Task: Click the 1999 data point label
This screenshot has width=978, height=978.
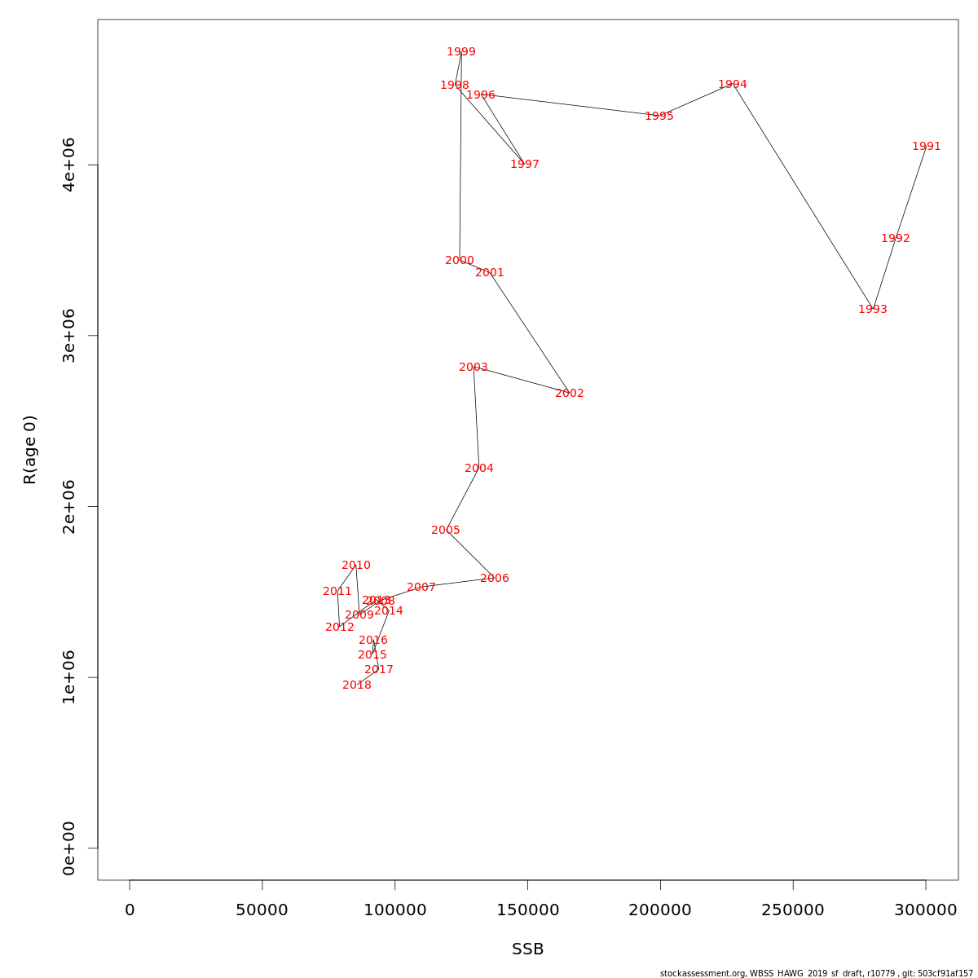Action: click(x=461, y=52)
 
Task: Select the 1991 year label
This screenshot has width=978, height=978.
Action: click(x=927, y=147)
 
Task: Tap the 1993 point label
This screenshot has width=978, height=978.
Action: click(x=873, y=310)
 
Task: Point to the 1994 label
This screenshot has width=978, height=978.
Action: click(x=733, y=85)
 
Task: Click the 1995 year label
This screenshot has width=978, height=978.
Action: click(x=659, y=117)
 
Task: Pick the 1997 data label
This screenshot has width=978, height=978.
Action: click(x=525, y=165)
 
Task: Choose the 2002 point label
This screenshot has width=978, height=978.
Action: click(x=570, y=394)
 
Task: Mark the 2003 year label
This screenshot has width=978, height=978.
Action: click(x=474, y=368)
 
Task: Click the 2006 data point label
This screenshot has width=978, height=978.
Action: click(x=495, y=579)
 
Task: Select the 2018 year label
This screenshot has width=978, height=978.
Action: click(x=357, y=685)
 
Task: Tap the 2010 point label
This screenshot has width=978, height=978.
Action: click(x=356, y=566)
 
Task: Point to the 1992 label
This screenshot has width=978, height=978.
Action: click(x=896, y=239)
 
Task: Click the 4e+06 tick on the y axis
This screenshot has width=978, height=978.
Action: click(x=69, y=165)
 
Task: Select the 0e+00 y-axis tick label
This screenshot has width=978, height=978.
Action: click(x=69, y=848)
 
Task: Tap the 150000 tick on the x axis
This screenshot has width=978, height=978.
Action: click(x=527, y=910)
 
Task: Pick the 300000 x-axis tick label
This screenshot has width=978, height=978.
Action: click(x=926, y=910)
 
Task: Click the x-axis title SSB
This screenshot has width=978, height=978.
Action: click(x=528, y=949)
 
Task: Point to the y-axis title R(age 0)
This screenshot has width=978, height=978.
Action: click(x=30, y=450)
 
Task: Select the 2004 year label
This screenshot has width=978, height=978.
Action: click(x=479, y=469)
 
